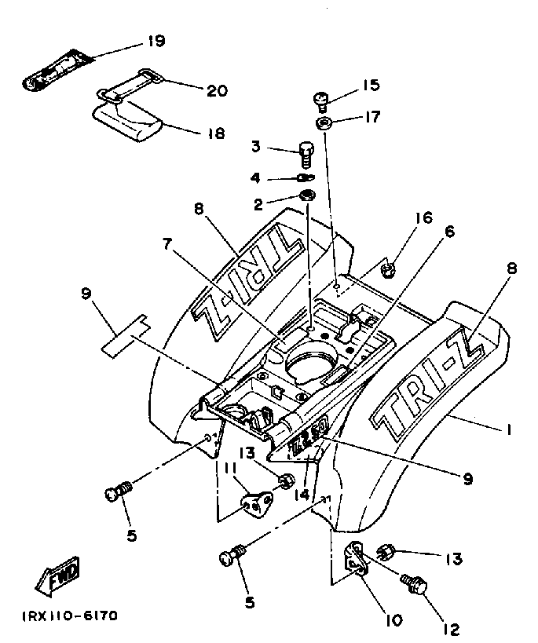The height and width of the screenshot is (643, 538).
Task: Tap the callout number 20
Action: tap(216, 90)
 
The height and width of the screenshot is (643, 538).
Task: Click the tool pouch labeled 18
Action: tap(127, 121)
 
